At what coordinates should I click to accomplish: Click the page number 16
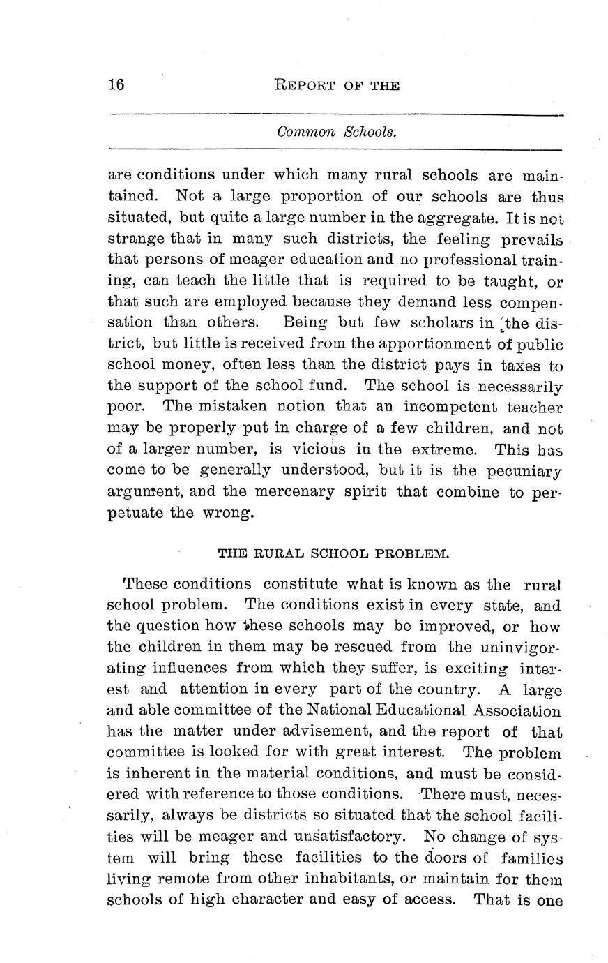116,85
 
